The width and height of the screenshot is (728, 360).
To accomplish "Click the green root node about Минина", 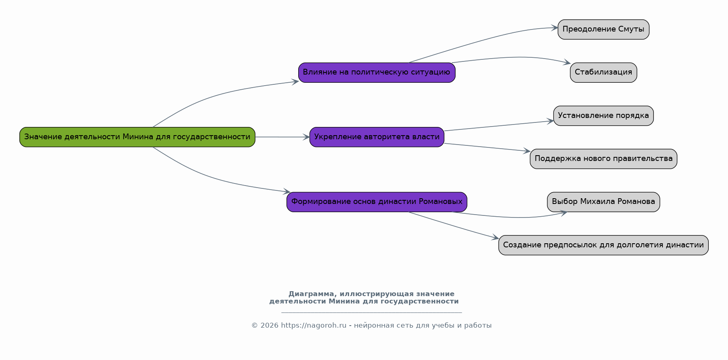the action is (x=137, y=137).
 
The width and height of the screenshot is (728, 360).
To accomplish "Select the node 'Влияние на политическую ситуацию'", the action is (x=377, y=72).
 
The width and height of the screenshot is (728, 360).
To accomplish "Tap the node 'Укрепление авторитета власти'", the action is (x=377, y=137).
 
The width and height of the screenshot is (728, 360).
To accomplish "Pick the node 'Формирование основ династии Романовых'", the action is (x=377, y=202).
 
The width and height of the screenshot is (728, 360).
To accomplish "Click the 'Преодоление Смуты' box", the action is (x=603, y=29).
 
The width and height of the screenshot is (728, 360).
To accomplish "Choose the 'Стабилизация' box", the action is (x=603, y=72).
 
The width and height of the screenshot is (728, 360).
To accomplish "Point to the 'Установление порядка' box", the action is (x=603, y=116).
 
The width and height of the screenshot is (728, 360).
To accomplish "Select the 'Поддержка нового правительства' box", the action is (x=603, y=159).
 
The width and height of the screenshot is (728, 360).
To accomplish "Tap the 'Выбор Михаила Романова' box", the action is (x=603, y=202).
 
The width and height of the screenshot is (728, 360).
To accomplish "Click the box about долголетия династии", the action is (x=603, y=245).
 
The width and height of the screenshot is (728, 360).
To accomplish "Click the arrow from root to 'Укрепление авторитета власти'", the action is (x=282, y=137).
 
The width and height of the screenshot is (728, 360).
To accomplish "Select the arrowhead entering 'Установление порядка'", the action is (x=550, y=121).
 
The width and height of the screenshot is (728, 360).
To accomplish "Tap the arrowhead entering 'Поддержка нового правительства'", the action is (x=527, y=151).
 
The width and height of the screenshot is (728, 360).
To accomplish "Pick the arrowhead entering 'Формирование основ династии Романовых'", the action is (x=287, y=191).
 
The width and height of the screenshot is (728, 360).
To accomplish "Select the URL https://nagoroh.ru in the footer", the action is (x=313, y=326).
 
